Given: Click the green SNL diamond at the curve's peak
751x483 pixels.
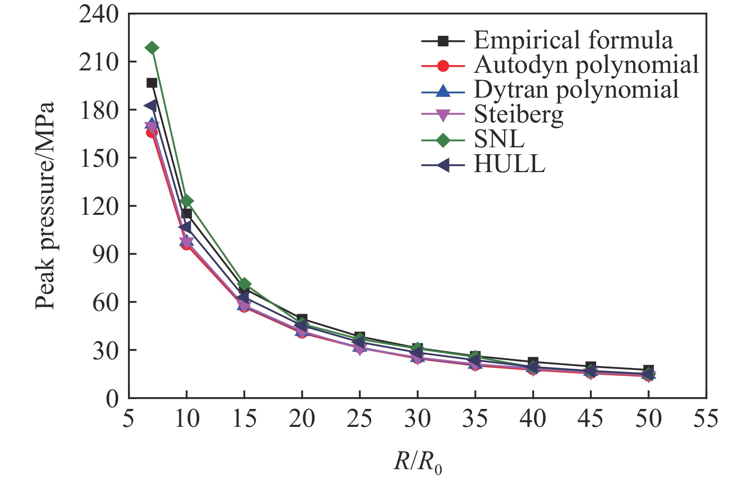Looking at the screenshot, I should (x=152, y=48).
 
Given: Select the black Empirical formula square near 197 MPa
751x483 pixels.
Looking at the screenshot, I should (x=152, y=83).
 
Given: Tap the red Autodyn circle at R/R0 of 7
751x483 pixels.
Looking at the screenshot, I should (x=152, y=132).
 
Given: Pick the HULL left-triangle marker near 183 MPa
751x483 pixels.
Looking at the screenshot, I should (x=151, y=106).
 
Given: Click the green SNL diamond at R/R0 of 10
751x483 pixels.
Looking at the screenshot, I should (x=187, y=201).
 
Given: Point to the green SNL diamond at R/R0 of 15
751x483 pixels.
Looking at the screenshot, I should (x=244, y=284).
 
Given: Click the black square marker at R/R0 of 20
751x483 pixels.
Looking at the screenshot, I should (x=302, y=319).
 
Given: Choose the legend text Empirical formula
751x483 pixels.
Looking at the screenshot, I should (x=573, y=40).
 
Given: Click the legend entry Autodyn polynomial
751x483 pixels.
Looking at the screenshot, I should (x=586, y=65).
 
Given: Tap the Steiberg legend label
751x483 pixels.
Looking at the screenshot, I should (x=518, y=115).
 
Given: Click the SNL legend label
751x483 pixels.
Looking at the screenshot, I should (x=499, y=140).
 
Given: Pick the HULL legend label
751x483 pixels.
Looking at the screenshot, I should (x=509, y=164).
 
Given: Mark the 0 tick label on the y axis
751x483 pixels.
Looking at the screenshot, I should (x=112, y=399).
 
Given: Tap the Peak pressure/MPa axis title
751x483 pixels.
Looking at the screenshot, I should (x=45, y=206).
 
